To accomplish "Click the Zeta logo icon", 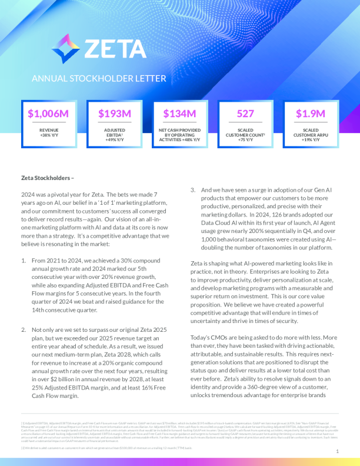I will coord(65,48).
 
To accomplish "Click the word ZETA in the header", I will coord(115,48).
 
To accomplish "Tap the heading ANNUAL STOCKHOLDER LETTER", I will coord(99,78).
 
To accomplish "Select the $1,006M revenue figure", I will coord(49,114).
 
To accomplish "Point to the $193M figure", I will coord(114,114).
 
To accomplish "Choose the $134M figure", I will coord(179,114).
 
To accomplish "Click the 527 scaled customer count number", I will coord(245,114).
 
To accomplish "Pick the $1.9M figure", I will coord(311,114).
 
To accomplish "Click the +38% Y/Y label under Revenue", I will coord(49,135).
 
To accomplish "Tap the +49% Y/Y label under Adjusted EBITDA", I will coord(114,139).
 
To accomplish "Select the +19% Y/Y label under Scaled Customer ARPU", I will coord(311,139).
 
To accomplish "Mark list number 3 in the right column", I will coord(192,190).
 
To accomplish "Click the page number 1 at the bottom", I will coord(337,451).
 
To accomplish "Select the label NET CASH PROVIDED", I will coord(179,130).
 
